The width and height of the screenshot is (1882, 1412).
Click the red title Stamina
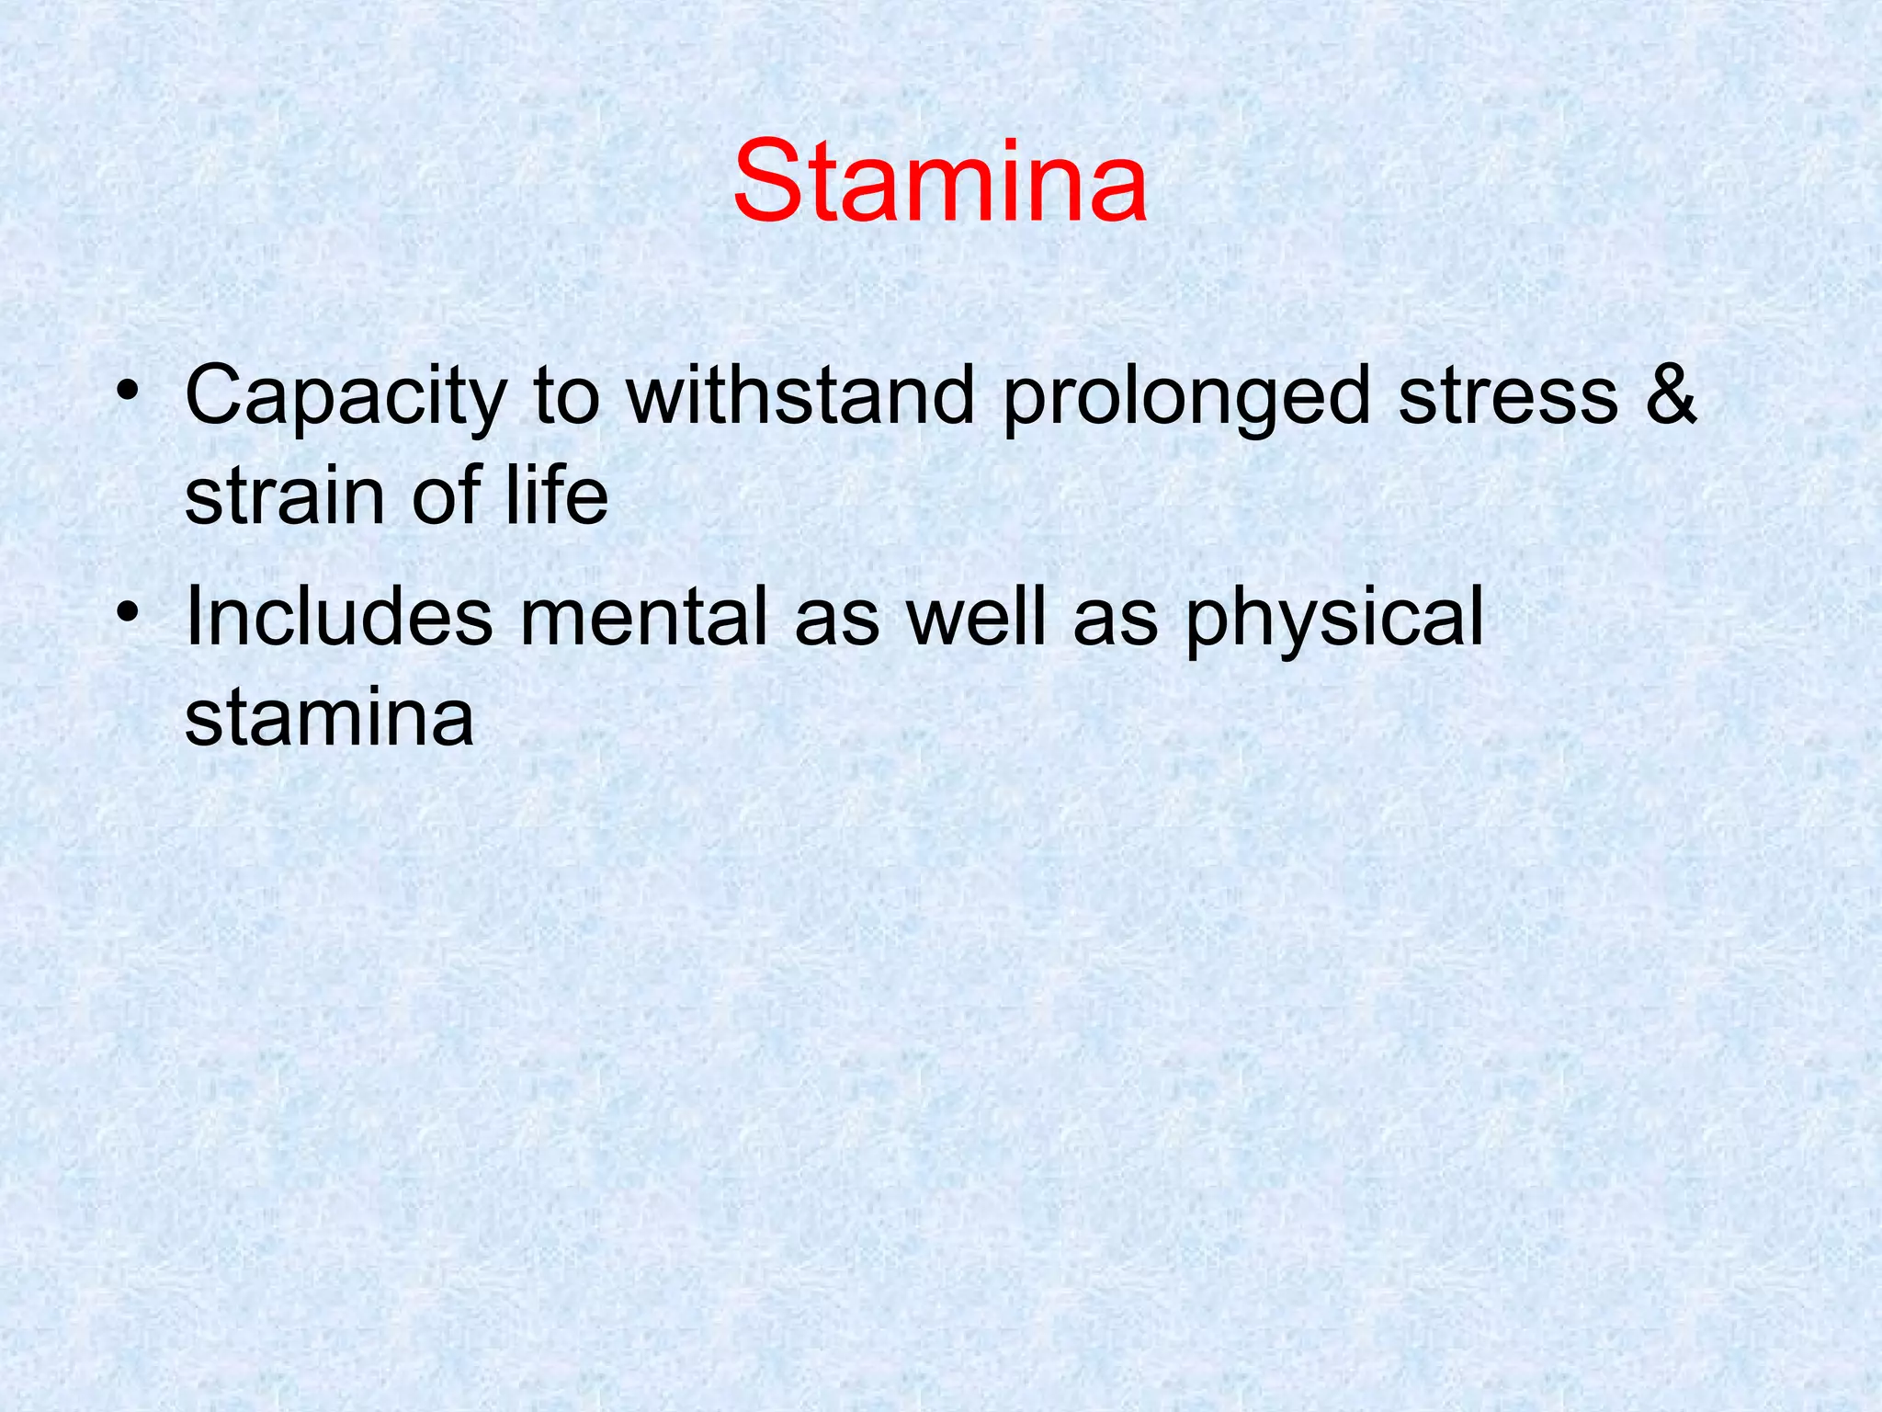939,181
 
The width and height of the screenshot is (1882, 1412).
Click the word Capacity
346,397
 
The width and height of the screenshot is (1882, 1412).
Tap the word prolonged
1186,397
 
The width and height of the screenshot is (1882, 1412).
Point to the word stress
1507,397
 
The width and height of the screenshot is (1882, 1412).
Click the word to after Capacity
566,397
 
